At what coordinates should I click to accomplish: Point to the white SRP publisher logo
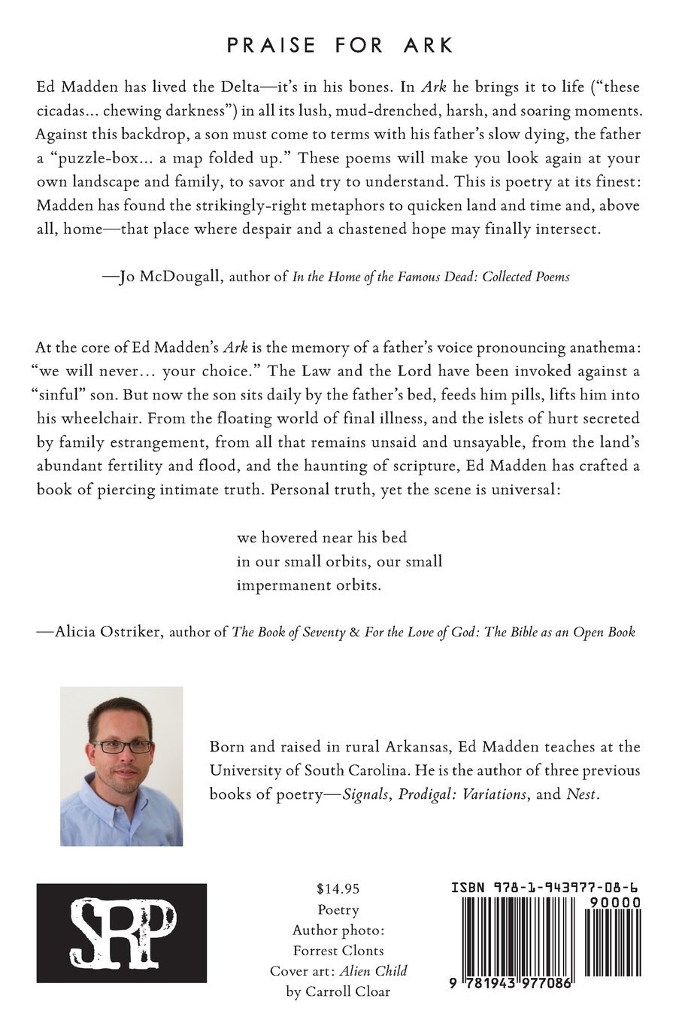click(122, 933)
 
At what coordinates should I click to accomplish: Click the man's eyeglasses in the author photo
click(122, 746)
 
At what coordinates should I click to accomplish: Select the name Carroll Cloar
click(348, 991)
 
